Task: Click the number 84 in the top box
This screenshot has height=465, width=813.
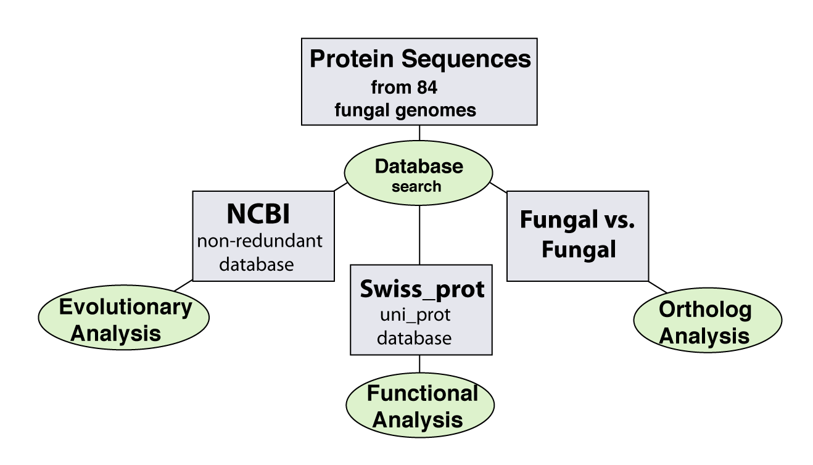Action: click(427, 88)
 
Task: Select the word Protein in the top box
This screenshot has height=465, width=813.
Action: click(352, 59)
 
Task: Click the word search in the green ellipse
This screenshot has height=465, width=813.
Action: click(416, 187)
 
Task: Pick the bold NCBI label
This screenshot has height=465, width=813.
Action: click(258, 214)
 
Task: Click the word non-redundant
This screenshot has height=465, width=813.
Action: click(260, 241)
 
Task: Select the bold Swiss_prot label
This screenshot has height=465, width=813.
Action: click(422, 290)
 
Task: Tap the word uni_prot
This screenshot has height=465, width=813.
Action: click(415, 315)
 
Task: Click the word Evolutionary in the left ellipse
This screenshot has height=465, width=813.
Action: click(126, 308)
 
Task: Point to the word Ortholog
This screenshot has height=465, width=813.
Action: click(705, 310)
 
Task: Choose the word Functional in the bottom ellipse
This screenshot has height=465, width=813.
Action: click(423, 393)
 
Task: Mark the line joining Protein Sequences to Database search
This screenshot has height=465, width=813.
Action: click(419, 133)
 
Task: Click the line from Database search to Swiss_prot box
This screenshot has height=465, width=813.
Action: click(419, 235)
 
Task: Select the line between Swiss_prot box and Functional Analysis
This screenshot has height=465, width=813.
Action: click(419, 364)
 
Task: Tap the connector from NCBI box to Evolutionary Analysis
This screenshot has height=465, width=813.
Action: click(183, 286)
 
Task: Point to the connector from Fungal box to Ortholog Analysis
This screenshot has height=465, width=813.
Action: click(658, 287)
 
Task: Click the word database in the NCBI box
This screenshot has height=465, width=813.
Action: click(256, 265)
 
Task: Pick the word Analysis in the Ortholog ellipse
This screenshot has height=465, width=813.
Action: click(704, 336)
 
